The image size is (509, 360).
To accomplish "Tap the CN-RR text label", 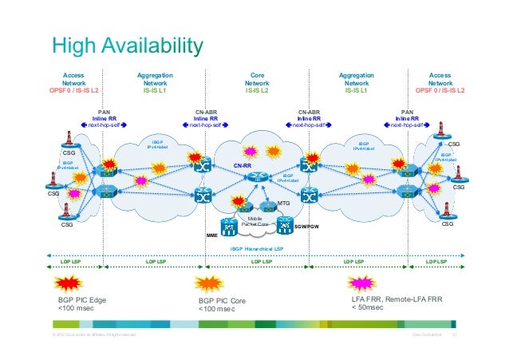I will coord(243,166).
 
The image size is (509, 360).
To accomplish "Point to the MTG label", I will coord(282,205).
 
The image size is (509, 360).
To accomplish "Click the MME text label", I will coord(212,236).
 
